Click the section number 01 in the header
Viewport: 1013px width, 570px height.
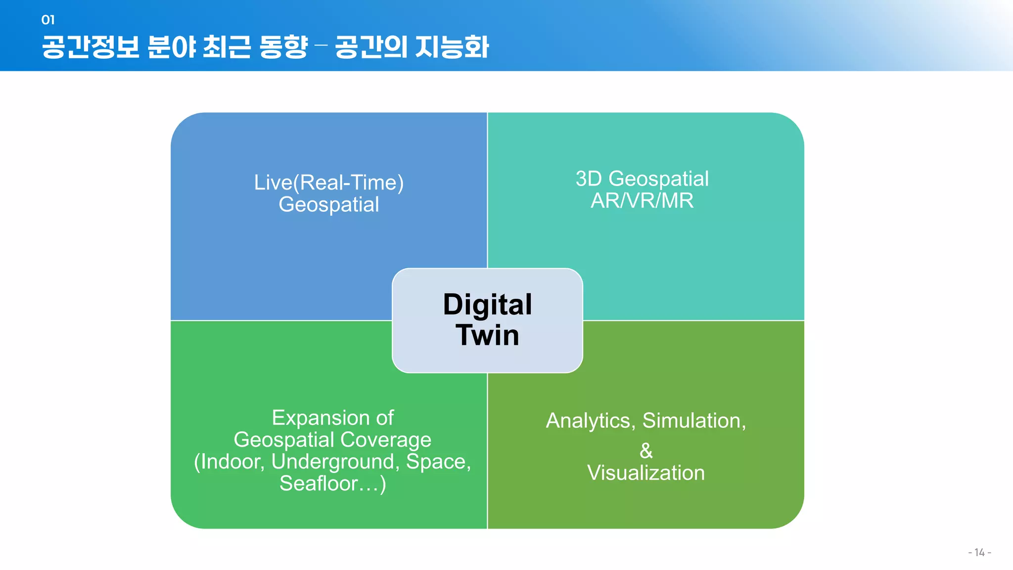pyautogui.click(x=48, y=20)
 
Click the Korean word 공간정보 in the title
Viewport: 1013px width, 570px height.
pyautogui.click(x=91, y=47)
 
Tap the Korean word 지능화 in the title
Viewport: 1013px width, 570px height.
pyautogui.click(x=452, y=47)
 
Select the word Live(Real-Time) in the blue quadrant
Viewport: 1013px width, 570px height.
pyautogui.click(x=329, y=183)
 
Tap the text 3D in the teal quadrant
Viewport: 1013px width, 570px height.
pyautogui.click(x=588, y=179)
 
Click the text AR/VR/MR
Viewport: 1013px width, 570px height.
pyautogui.click(x=642, y=201)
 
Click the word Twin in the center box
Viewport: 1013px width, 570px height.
pyautogui.click(x=487, y=335)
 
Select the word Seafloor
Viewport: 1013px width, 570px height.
pyautogui.click(x=318, y=483)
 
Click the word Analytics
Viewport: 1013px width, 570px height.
pyautogui.click(x=589, y=421)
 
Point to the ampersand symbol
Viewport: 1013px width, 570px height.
pyautogui.click(x=646, y=451)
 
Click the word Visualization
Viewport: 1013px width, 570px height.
pyautogui.click(x=646, y=473)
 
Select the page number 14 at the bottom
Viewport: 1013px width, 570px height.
pyautogui.click(x=979, y=553)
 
